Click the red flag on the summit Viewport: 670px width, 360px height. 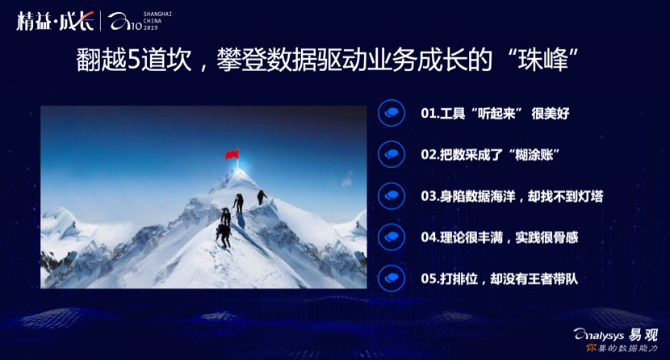point(232,153)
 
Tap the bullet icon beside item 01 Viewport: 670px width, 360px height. point(392,113)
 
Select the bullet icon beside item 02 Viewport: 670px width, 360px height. point(392,154)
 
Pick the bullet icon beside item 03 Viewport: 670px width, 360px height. point(392,195)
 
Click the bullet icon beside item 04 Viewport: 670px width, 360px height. point(392,237)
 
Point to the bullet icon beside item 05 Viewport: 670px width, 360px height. point(392,278)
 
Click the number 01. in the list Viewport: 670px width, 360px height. point(430,114)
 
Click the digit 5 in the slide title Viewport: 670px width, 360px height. point(134,61)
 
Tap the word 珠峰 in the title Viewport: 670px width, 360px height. point(543,61)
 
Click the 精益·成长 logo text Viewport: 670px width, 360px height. point(55,21)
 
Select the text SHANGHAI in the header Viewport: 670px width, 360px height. point(157,14)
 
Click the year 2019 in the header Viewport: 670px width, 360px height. point(150,27)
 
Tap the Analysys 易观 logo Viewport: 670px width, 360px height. point(615,335)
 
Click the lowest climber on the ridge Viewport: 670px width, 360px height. point(224,236)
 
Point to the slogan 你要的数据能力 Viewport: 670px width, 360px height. point(622,348)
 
